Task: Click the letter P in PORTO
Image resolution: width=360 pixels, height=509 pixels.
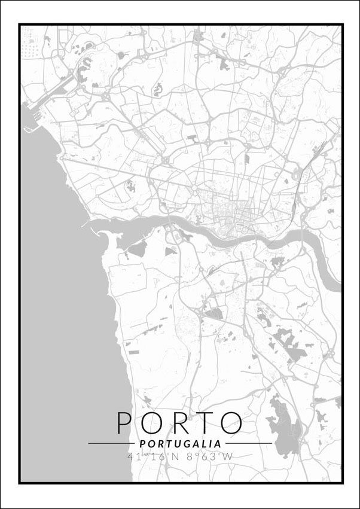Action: [124, 422]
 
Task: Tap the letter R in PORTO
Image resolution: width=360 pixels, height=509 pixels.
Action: [179, 422]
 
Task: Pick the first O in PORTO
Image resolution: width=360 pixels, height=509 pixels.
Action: [151, 422]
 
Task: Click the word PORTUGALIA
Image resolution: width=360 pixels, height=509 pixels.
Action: [180, 444]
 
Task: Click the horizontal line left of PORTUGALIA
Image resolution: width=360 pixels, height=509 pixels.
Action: [111, 444]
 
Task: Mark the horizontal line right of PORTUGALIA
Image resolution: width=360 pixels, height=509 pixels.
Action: [248, 444]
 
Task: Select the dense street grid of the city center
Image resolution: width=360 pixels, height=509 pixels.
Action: [230, 212]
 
